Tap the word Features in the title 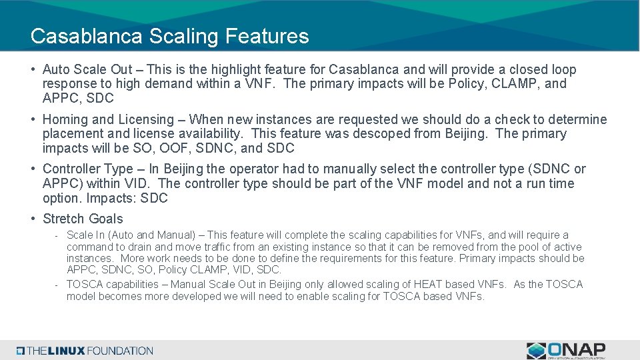click(267, 36)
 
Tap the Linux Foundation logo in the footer click(85, 350)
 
